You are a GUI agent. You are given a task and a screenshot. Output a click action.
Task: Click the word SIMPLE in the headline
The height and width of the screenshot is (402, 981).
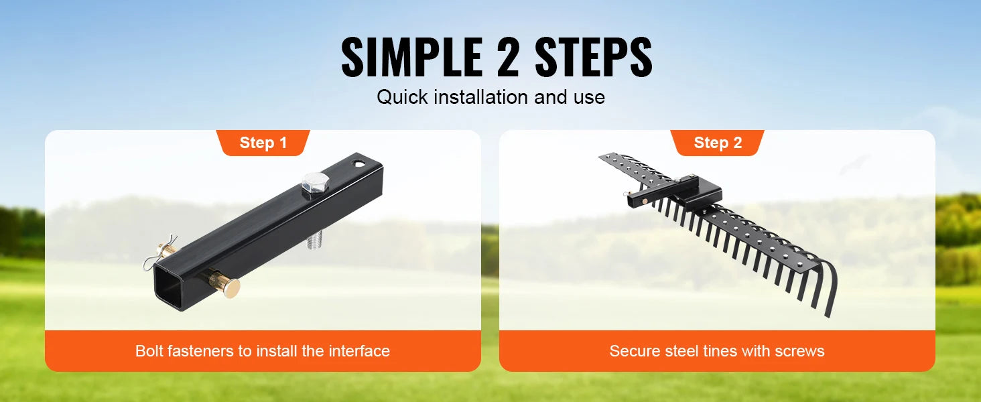[x=411, y=58]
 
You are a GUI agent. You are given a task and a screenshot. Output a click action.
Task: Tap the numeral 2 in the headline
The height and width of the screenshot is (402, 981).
[x=508, y=58]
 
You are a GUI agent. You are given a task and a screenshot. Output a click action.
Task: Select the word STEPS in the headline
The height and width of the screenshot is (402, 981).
[x=594, y=58]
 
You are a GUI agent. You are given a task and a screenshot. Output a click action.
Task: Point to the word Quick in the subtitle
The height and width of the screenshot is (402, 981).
[x=402, y=97]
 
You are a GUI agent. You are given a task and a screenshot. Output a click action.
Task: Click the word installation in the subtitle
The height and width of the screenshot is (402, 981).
[x=481, y=96]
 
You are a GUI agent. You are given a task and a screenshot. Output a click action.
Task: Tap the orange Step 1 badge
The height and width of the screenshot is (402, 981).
[x=263, y=143]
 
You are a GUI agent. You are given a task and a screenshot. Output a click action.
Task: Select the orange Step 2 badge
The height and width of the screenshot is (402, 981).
[x=718, y=143]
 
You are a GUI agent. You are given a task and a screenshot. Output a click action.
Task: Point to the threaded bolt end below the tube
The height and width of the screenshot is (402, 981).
[x=314, y=242]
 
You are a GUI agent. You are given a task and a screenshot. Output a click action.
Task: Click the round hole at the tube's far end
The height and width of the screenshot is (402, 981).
[x=360, y=163]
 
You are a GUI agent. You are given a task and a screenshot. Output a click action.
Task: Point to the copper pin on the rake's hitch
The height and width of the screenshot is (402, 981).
[x=645, y=200]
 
